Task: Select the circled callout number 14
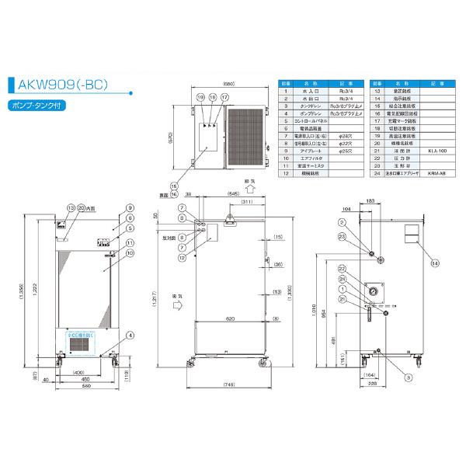click(435, 263)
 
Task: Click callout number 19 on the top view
click(200, 98)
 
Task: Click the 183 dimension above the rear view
click(372, 201)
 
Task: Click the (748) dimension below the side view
click(228, 385)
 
